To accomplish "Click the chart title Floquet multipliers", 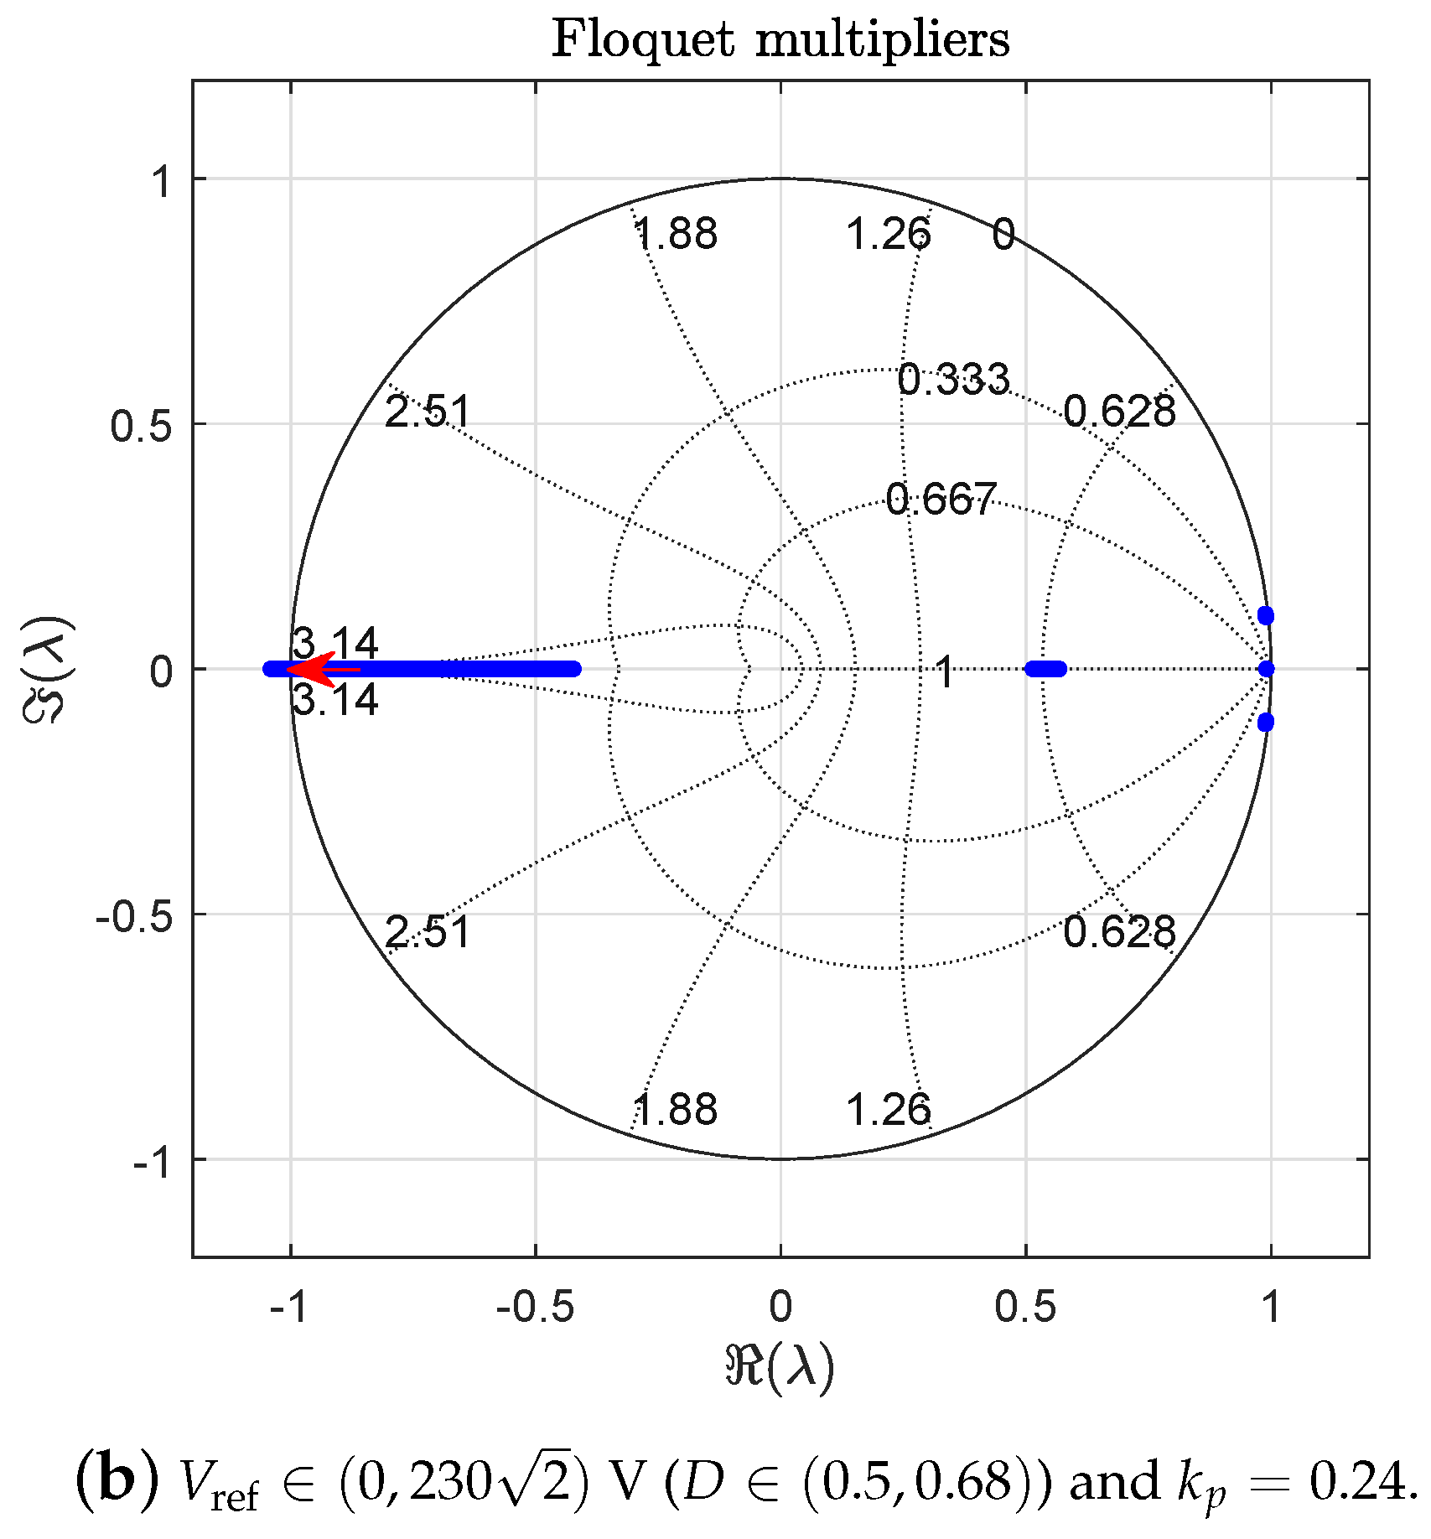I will (780, 39).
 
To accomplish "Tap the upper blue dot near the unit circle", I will (1266, 616).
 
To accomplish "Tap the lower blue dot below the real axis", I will (1266, 722).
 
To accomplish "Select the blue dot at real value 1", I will (1267, 669).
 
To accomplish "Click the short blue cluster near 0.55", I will (1046, 669).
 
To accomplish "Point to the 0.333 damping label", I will (953, 380).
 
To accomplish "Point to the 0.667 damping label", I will (941, 500).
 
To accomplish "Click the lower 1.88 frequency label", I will (676, 1110).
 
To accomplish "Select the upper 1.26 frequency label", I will (889, 234).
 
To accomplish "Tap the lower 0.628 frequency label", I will (1119, 932).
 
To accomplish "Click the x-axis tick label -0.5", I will (535, 1307).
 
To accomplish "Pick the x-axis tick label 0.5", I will (1025, 1307).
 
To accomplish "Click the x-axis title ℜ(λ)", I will (780, 1369).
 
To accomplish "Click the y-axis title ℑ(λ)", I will (50, 669).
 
